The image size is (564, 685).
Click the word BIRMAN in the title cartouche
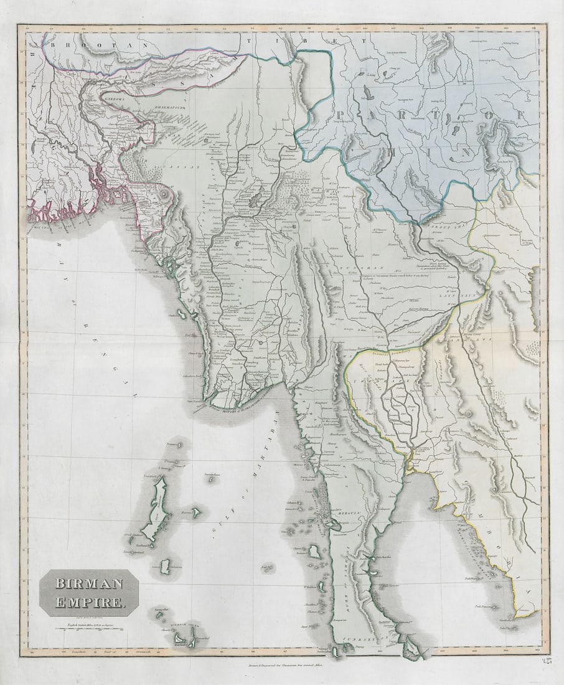(89, 584)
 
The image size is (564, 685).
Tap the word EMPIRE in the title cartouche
(89, 602)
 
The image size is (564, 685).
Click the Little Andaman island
(164, 566)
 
